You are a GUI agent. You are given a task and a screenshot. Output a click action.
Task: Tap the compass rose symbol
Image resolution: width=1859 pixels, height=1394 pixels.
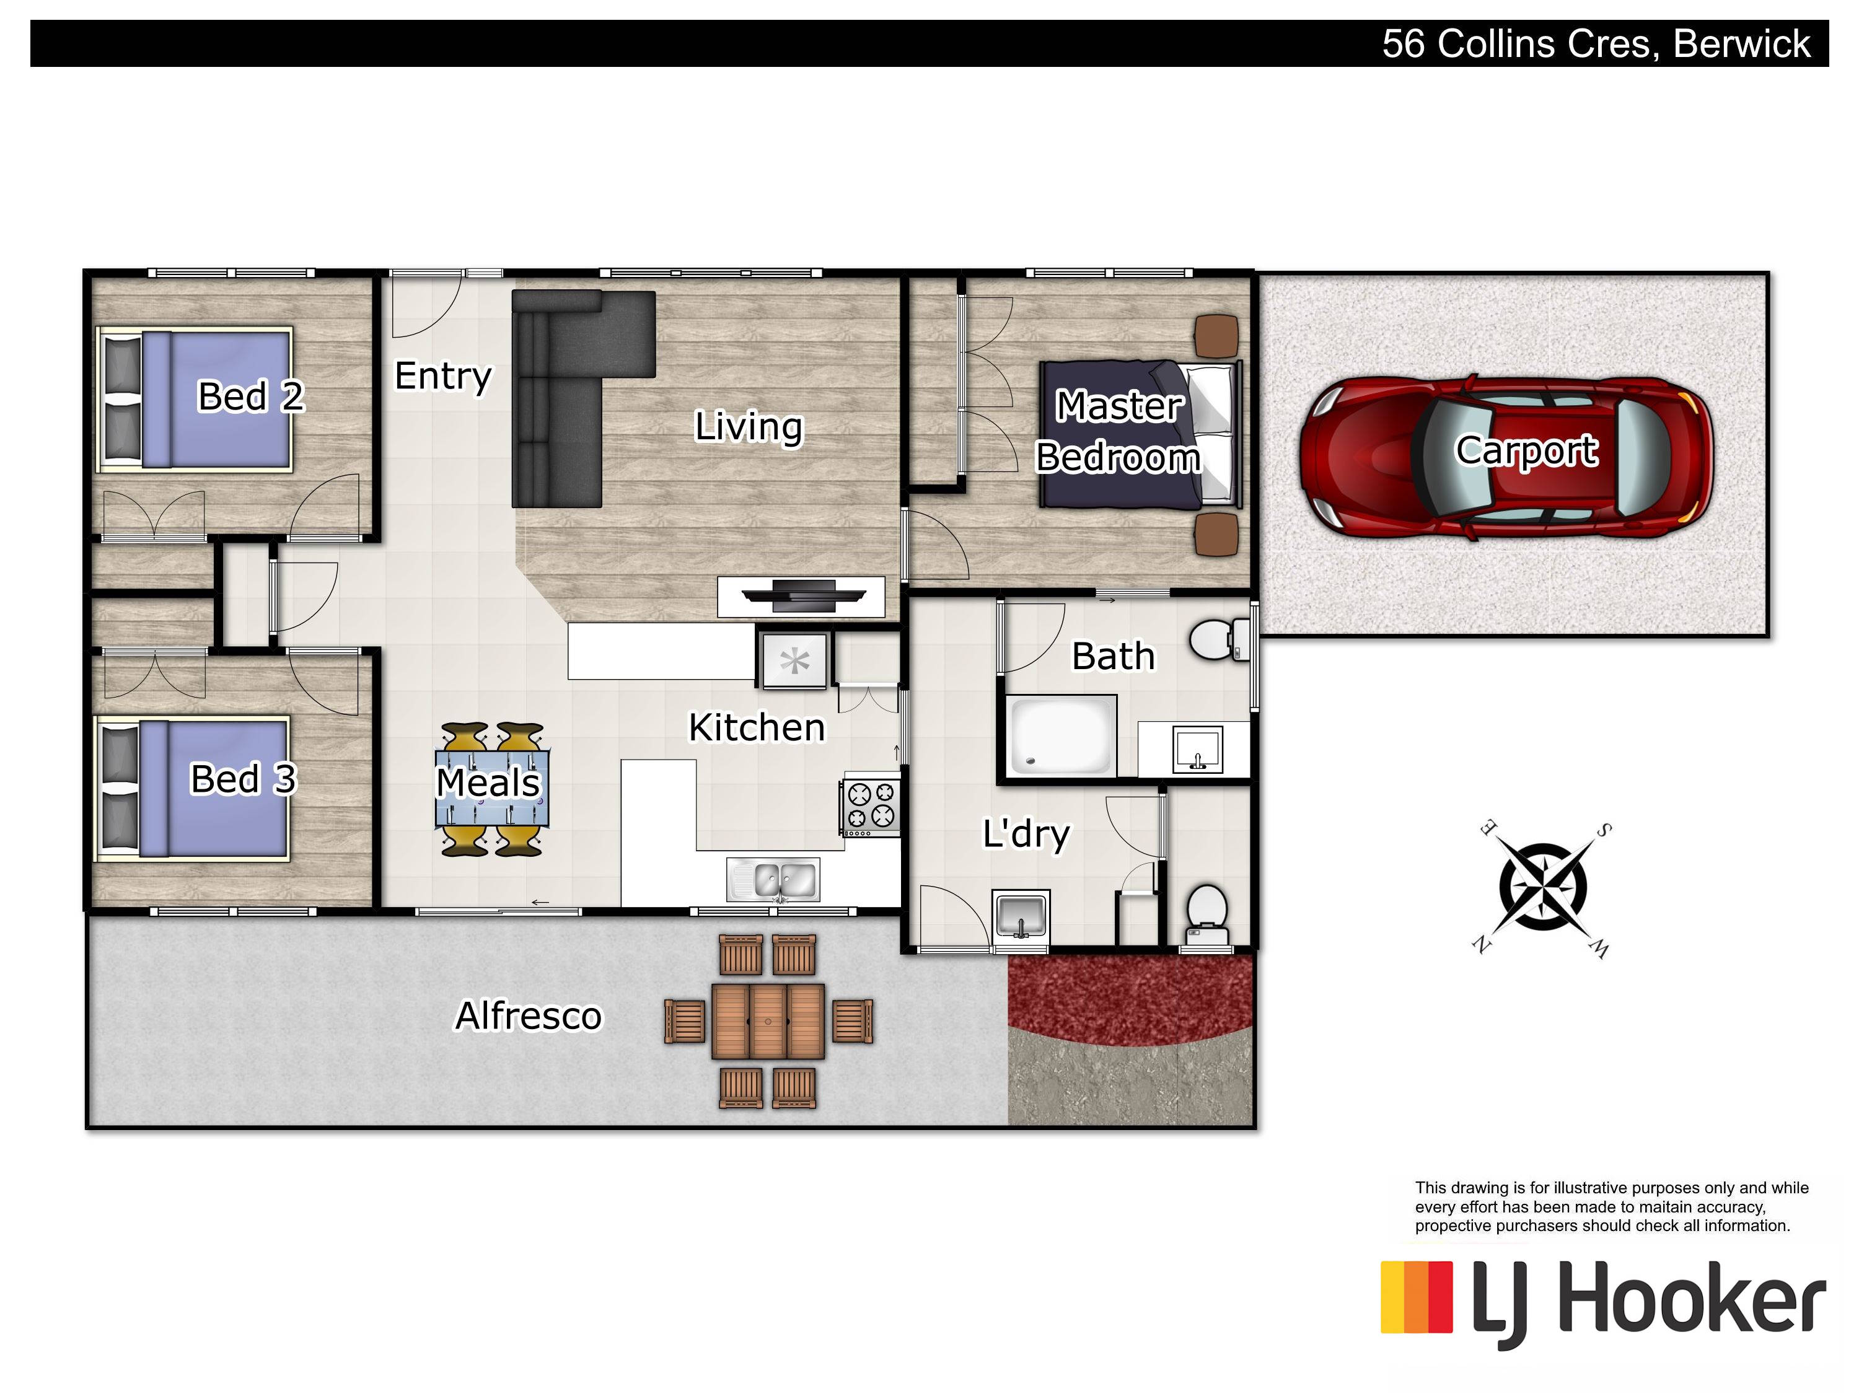pos(1543,888)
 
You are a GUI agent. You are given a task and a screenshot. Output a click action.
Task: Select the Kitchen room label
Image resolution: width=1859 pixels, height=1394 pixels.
pos(757,728)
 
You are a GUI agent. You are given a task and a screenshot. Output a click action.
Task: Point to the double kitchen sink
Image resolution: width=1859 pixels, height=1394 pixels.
pos(773,880)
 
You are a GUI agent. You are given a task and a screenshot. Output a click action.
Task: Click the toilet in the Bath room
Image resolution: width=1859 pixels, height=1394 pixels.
pos(1220,641)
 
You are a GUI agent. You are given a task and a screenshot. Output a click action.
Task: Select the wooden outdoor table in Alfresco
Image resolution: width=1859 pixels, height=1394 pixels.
pos(768,1021)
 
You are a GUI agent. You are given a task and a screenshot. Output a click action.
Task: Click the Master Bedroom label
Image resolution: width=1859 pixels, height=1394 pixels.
pos(1118,431)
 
